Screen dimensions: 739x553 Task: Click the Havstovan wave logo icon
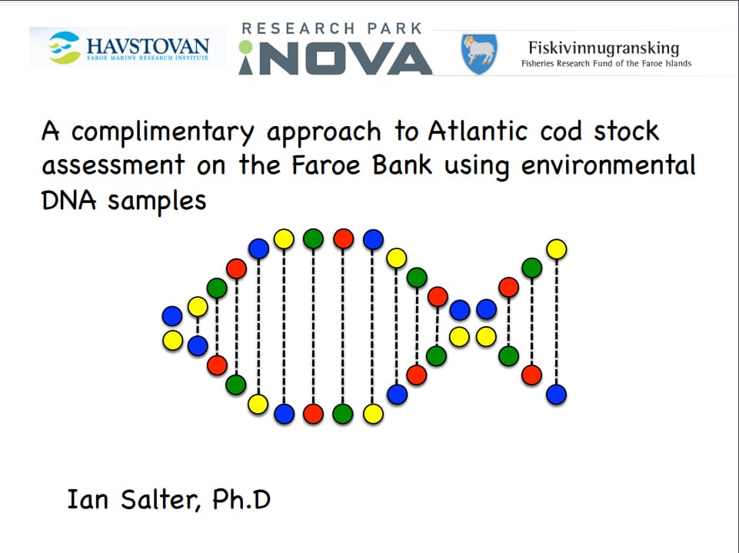[x=65, y=47]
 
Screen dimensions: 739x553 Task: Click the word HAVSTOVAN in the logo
[x=148, y=45]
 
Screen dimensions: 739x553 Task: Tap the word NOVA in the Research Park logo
[x=345, y=59]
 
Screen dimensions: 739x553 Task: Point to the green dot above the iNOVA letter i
[x=245, y=47]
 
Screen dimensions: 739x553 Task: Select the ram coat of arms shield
[x=479, y=53]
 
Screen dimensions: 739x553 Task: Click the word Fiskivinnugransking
[x=604, y=48]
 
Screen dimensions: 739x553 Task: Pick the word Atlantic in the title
[x=478, y=131]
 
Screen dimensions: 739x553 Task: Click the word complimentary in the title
[x=162, y=132]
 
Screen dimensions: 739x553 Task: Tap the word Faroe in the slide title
[x=326, y=165]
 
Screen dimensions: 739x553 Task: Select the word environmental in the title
[x=608, y=165]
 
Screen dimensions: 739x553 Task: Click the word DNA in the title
[x=68, y=200]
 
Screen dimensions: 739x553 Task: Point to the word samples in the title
[x=157, y=202]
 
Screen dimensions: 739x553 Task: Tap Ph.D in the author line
[x=241, y=500]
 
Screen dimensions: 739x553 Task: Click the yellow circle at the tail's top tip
[x=556, y=249]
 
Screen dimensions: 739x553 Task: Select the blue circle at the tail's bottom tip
[x=556, y=394]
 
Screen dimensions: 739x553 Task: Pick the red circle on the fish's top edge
[x=344, y=238]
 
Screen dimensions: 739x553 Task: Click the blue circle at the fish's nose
[x=172, y=316]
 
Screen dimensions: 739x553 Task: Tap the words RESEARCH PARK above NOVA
[x=331, y=28]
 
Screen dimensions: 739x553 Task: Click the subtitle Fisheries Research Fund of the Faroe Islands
[x=606, y=63]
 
